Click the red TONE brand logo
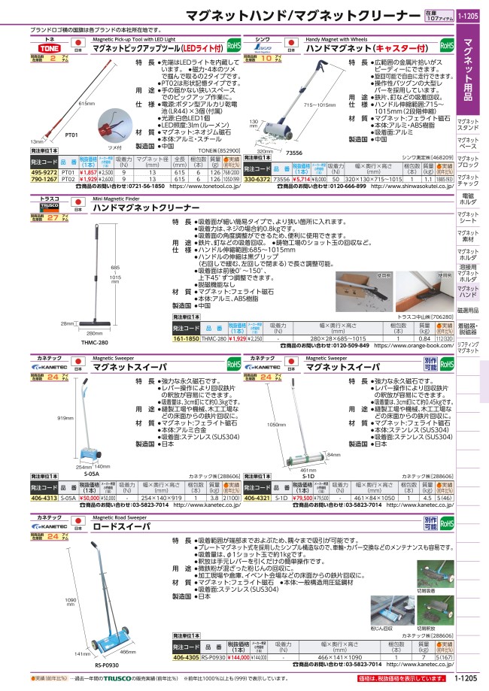(x=44, y=46)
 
